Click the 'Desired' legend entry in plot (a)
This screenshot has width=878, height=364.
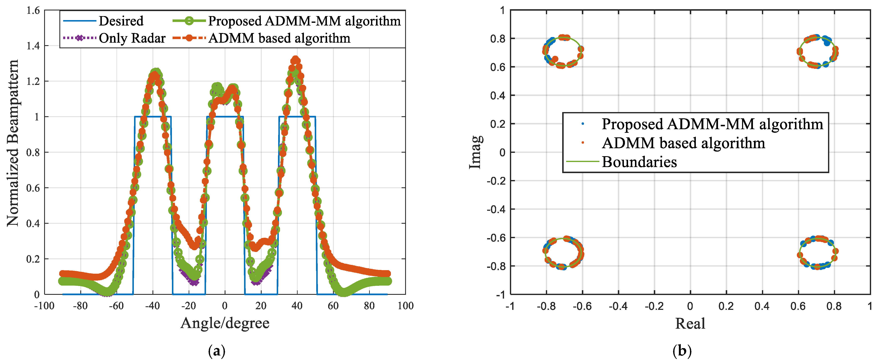coord(121,21)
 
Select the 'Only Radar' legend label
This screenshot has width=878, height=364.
coord(132,38)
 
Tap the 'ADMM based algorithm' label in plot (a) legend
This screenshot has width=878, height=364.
coord(279,38)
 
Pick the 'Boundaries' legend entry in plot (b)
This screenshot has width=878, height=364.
coord(639,162)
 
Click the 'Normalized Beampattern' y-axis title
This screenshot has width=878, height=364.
coord(13,143)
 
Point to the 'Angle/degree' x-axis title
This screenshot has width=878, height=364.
coord(225,323)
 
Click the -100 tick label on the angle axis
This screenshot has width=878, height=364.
coord(44,306)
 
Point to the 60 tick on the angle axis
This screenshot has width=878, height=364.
coord(333,306)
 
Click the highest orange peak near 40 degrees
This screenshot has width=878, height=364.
coord(295,60)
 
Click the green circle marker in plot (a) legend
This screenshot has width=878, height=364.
coord(189,21)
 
